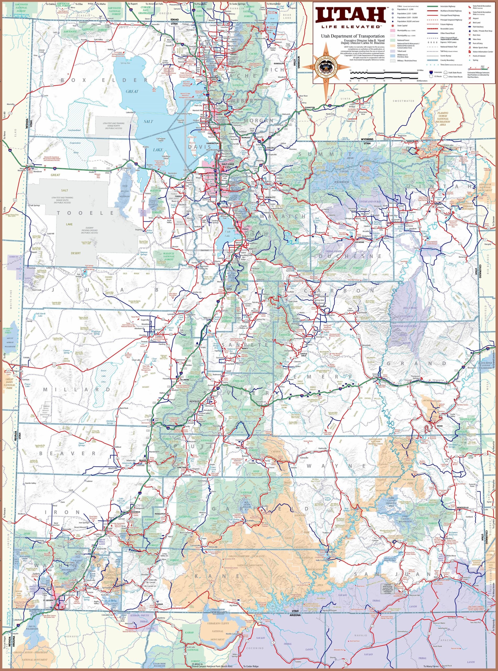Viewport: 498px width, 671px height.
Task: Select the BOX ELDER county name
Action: [x=104, y=80]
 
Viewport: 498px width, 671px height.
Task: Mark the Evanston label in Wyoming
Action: [x=309, y=108]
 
